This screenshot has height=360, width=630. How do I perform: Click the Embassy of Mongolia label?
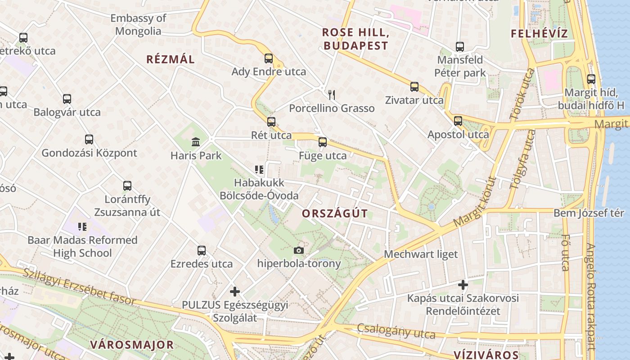[x=138, y=25]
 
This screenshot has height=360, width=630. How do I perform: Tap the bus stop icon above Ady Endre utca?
[x=269, y=58]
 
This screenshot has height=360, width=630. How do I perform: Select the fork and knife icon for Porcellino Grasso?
[x=332, y=94]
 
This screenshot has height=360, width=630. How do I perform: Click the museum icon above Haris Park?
[x=196, y=142]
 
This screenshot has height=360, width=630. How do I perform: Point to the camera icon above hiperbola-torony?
[x=298, y=250]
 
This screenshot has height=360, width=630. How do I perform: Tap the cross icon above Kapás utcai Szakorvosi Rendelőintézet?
[x=463, y=285]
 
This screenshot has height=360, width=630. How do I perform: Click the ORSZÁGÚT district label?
[x=335, y=214]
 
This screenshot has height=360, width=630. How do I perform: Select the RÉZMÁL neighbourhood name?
[x=171, y=59]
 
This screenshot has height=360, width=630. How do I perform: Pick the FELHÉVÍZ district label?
[x=539, y=34]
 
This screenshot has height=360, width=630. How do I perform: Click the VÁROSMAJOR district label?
[x=132, y=345]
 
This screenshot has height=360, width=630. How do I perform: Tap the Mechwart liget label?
[x=421, y=254]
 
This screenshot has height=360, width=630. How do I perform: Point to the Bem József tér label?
[x=589, y=213]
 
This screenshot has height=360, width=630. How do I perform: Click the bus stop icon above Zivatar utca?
[x=414, y=87]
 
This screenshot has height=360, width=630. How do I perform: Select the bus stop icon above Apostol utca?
[x=458, y=121]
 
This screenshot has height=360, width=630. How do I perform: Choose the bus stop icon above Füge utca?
[x=323, y=142]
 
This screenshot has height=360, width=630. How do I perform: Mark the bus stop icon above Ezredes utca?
[x=202, y=250]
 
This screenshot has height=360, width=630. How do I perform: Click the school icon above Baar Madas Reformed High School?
[x=82, y=226]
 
